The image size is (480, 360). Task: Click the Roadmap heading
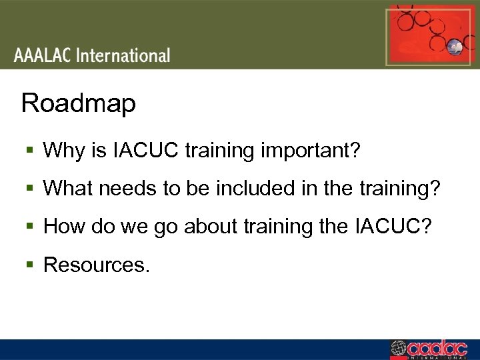(79, 104)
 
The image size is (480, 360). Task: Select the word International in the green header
(123, 55)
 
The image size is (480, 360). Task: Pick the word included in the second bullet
(255, 189)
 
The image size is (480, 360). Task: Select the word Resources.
(97, 265)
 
